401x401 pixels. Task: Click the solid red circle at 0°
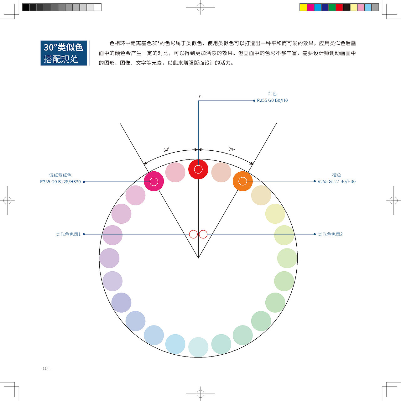tap(198, 169)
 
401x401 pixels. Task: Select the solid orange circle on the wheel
tap(243, 181)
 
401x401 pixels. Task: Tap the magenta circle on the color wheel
tap(154, 181)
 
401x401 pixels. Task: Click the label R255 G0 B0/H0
tap(272, 100)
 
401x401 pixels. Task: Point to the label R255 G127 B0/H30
tap(336, 181)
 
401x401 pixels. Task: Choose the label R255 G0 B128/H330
tap(60, 182)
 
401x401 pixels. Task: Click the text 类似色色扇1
tap(68, 234)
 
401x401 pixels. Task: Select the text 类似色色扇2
tap(330, 234)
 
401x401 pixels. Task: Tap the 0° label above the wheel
tap(199, 96)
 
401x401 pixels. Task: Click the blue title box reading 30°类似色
tap(64, 53)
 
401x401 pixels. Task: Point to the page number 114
tap(46, 368)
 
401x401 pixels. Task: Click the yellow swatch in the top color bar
tap(303, 7)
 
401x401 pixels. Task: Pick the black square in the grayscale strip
tap(26, 7)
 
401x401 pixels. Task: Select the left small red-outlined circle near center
tap(193, 234)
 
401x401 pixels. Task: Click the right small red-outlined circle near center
tap(203, 234)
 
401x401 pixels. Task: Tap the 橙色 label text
tap(336, 175)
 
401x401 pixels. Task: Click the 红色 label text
tap(272, 94)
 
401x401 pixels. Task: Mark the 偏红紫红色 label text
tap(60, 175)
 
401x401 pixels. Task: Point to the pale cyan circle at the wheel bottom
tap(198, 347)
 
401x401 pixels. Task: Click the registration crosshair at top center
tap(200, 7)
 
